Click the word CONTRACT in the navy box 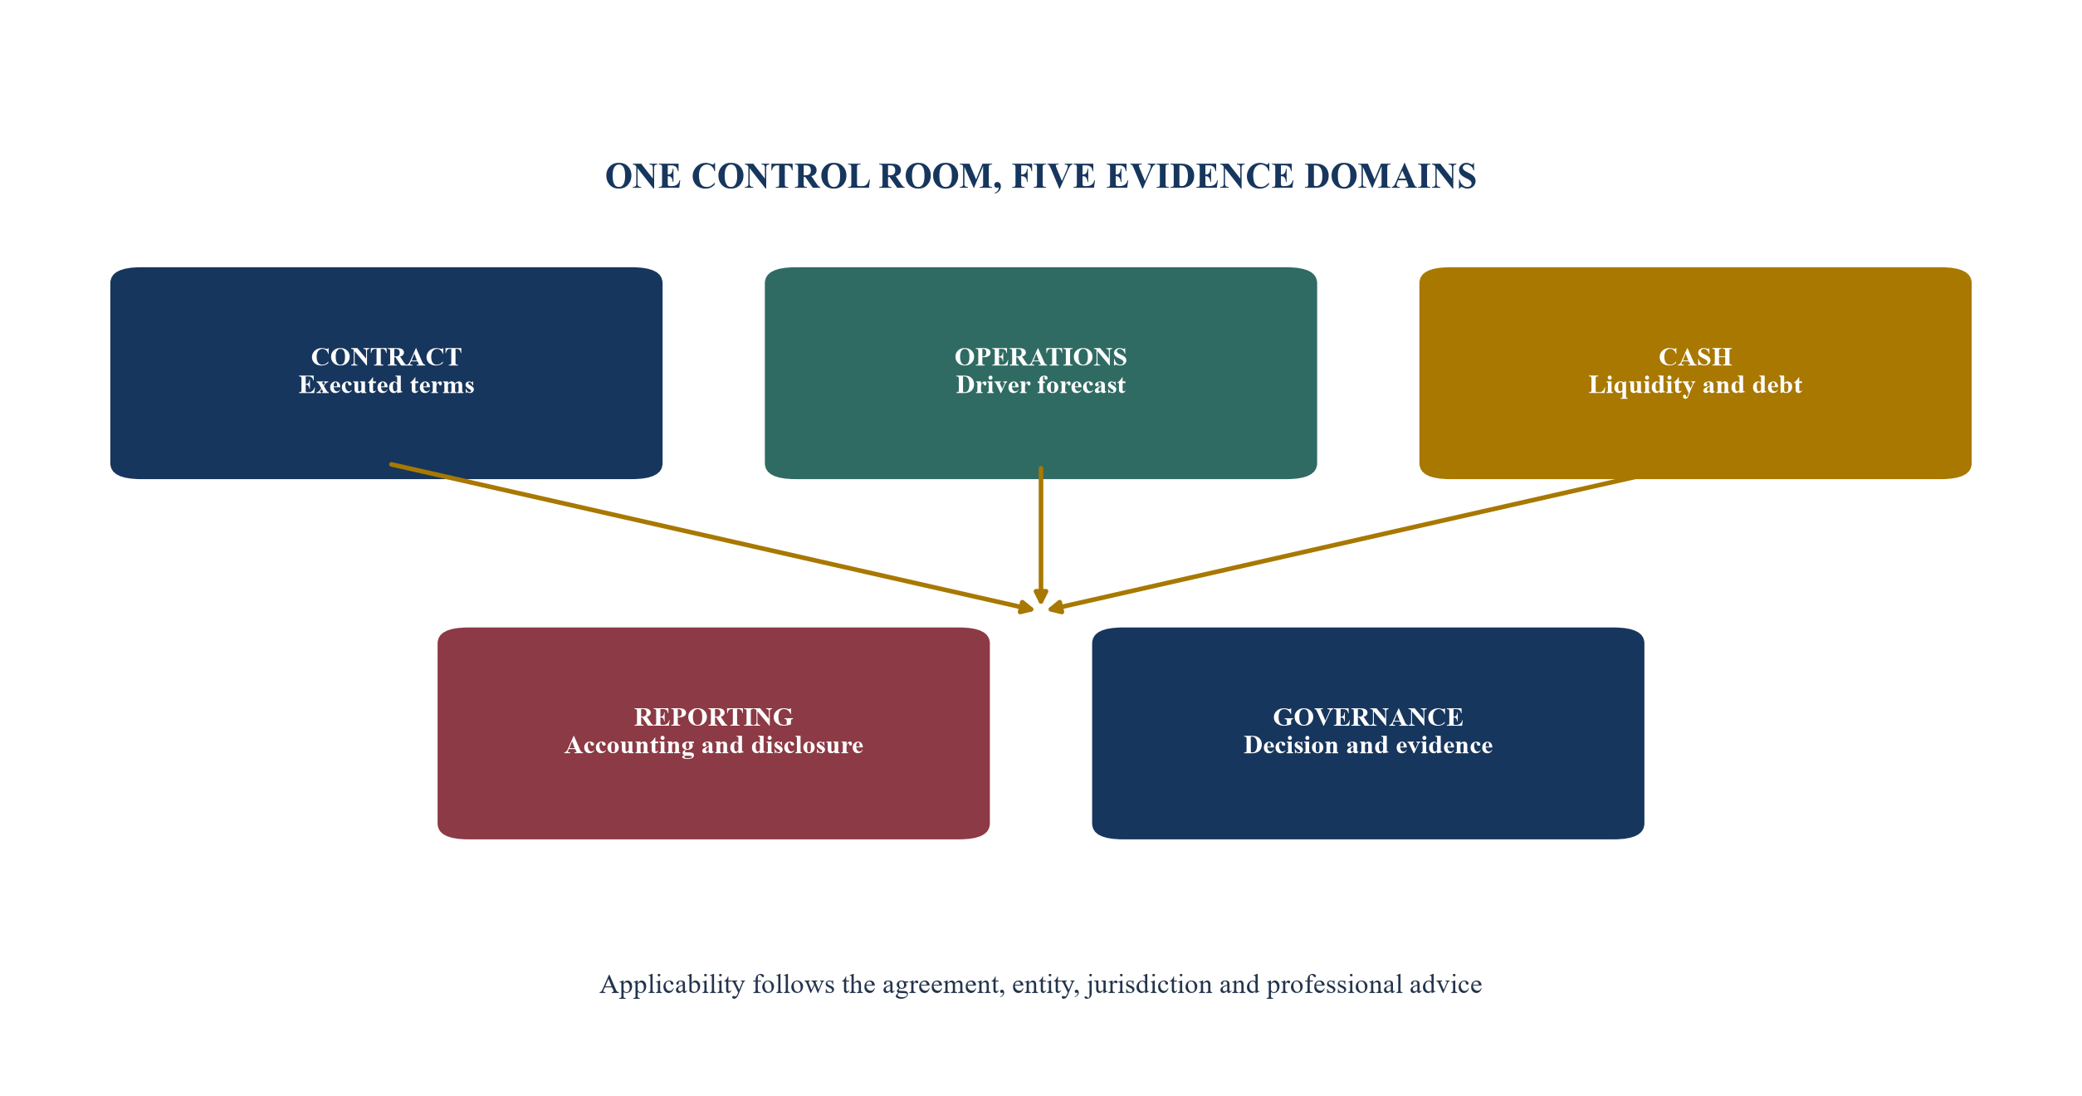386,357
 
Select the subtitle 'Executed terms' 386,385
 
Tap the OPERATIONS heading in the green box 1040,357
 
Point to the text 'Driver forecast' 1040,385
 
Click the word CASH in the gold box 1695,357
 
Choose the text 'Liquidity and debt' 1695,385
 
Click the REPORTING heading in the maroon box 713,717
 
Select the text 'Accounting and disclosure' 713,746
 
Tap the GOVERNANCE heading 1367,717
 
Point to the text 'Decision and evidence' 1367,746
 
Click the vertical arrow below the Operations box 1040,536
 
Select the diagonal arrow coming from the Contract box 711,538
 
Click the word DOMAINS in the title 1390,177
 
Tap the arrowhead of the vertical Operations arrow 1040,597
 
